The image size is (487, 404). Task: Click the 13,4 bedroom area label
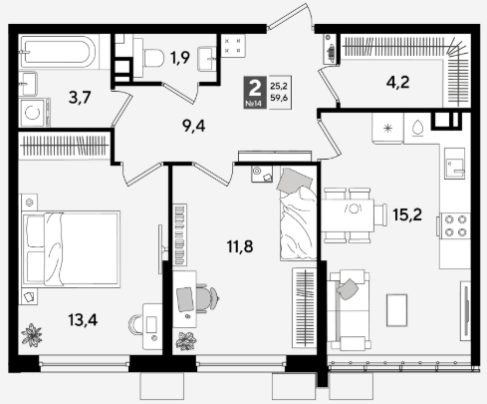tap(83, 320)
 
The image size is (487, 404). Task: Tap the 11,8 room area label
tap(240, 246)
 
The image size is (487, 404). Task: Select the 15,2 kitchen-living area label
tap(407, 214)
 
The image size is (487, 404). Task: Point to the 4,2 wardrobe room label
tap(397, 82)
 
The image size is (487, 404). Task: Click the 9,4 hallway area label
tap(194, 126)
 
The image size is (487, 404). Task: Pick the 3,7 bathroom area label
tap(80, 98)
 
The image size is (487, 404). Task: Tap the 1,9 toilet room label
tap(180, 58)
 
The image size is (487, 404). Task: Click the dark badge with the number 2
tap(255, 92)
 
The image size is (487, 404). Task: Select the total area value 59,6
tap(279, 98)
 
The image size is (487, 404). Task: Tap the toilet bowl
tap(150, 58)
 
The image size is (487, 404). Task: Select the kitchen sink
tap(455, 164)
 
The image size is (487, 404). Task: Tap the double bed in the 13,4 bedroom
tap(71, 248)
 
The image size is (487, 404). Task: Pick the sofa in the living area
tap(348, 310)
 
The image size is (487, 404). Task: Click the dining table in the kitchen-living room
tap(348, 215)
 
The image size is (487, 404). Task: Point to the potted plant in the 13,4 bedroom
tap(32, 335)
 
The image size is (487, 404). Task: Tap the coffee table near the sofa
tap(396, 310)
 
